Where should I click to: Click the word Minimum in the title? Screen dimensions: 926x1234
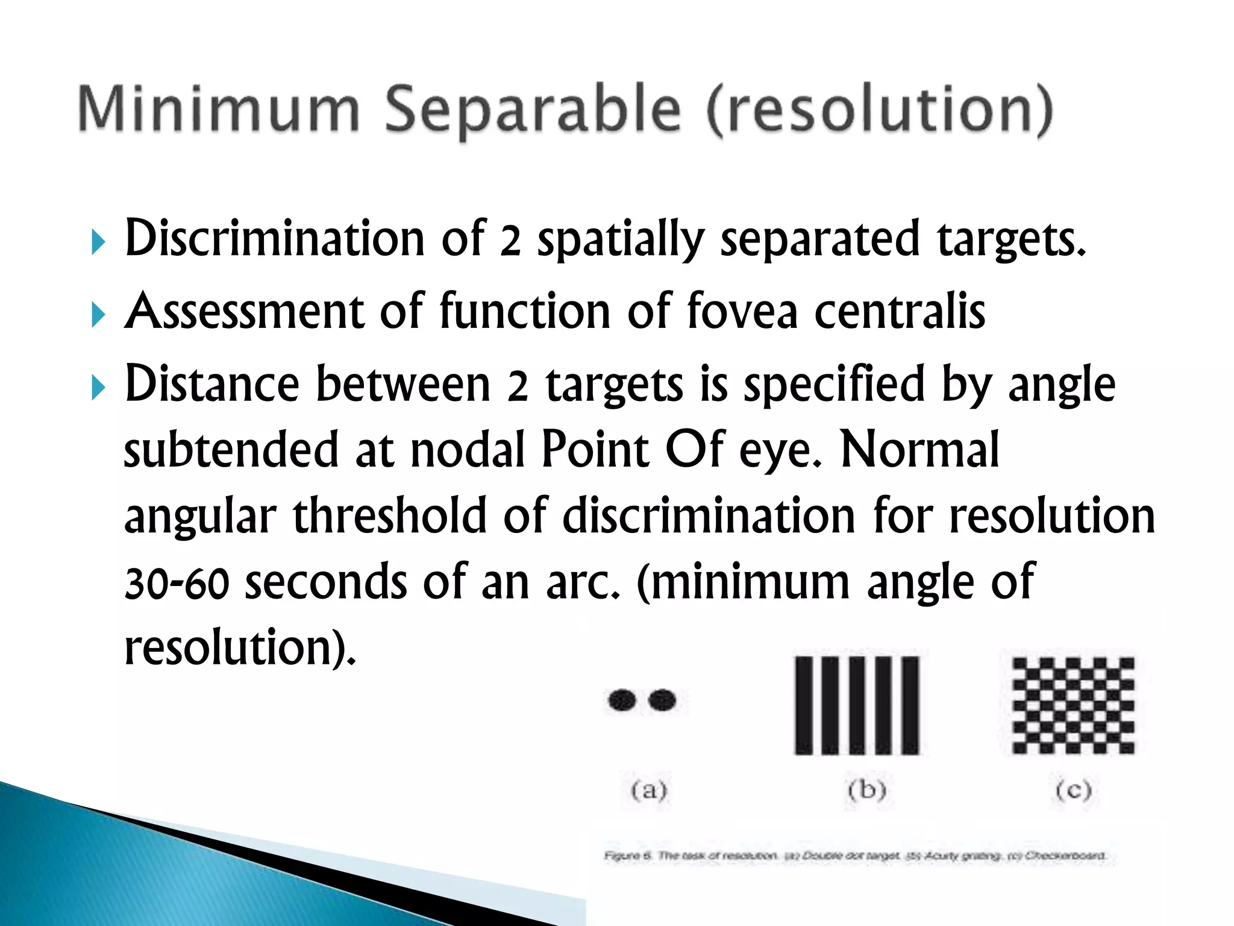[x=218, y=110]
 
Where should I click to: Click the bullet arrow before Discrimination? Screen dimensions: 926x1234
[x=98, y=243]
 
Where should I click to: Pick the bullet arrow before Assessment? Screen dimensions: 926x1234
[x=98, y=315]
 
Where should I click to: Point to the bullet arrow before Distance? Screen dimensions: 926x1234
[x=98, y=388]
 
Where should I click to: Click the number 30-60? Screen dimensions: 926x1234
[x=177, y=584]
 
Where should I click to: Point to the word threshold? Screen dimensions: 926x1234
[x=390, y=517]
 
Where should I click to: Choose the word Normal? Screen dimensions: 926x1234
[x=919, y=451]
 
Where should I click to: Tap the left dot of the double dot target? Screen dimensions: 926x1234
[x=622, y=700]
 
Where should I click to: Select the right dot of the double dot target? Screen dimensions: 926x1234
[x=662, y=700]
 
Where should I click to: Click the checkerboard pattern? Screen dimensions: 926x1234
[x=1073, y=705]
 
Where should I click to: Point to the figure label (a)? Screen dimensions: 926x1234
[x=649, y=789]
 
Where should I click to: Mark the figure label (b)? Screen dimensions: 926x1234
[x=866, y=789]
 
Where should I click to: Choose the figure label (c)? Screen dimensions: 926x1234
[x=1074, y=789]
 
